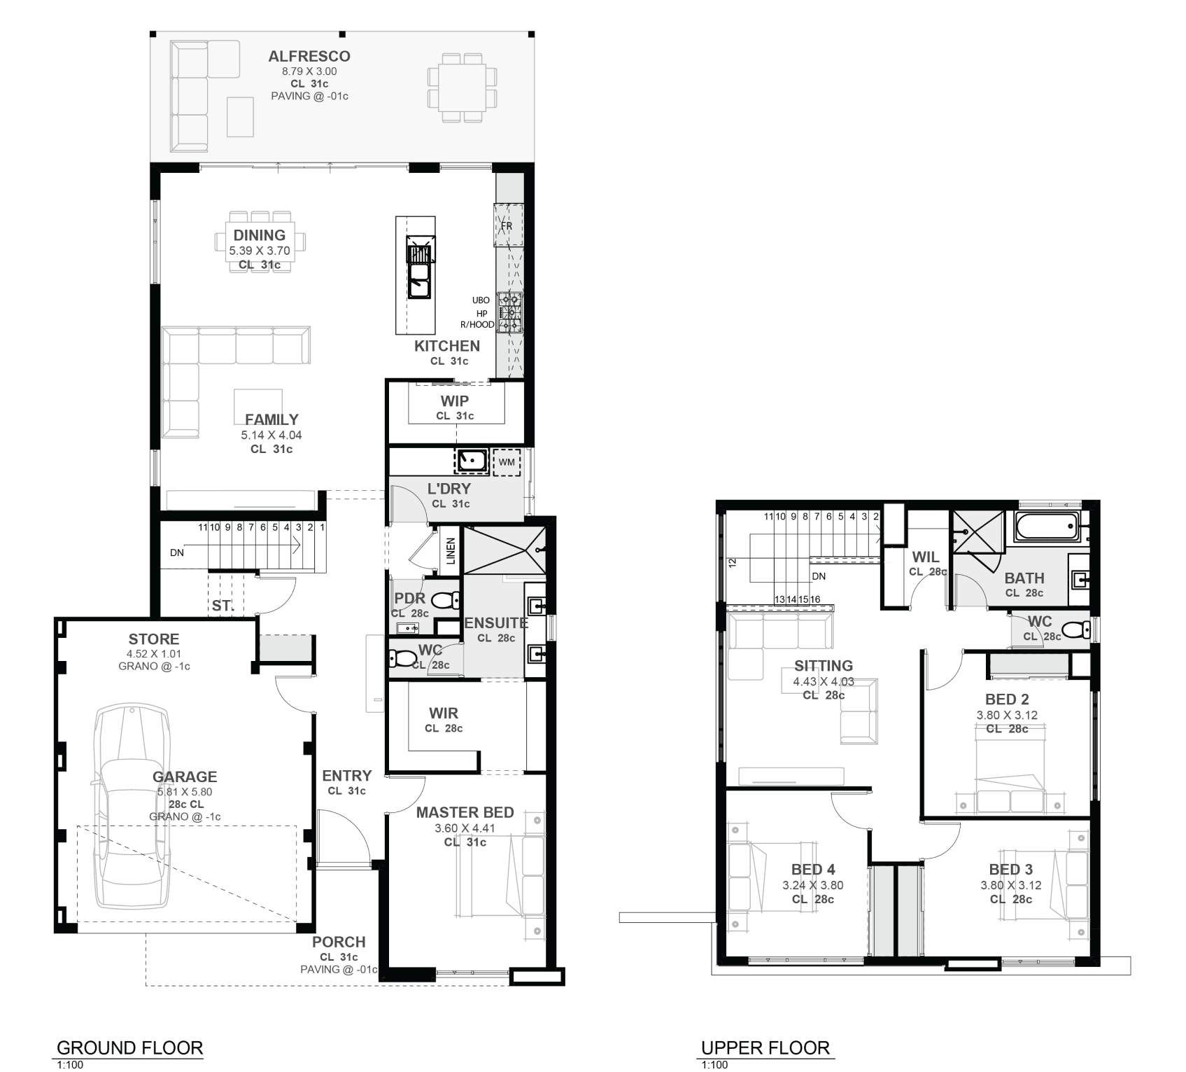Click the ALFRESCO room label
[309, 56]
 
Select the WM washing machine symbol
[507, 462]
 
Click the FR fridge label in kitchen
[507, 226]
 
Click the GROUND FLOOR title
[129, 1048]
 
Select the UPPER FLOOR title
[765, 1048]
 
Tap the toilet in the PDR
[445, 600]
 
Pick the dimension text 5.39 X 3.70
[260, 251]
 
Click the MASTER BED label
[465, 812]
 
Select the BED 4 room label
[813, 870]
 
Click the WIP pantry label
[455, 401]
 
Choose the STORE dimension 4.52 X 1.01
[154, 653]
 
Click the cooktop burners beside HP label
[509, 312]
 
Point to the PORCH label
[339, 942]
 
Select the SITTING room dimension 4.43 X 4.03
[824, 681]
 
